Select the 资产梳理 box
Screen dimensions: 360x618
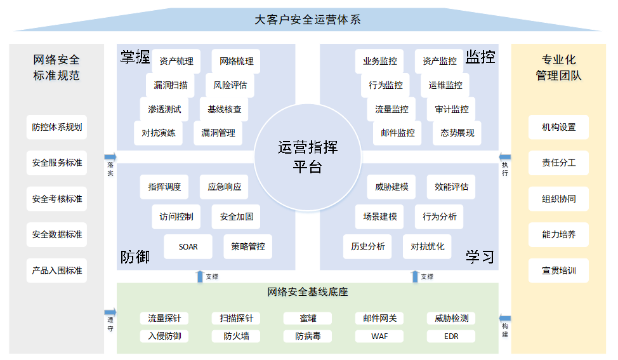[x=176, y=62]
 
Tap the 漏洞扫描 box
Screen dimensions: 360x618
[x=170, y=85]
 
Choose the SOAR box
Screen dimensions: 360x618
[x=188, y=246]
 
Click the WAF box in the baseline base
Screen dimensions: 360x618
[x=379, y=336]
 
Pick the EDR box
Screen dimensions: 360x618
[x=451, y=336]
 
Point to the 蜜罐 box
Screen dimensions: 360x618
[x=308, y=318]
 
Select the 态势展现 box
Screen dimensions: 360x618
[x=457, y=133]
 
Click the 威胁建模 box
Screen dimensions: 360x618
[x=391, y=187]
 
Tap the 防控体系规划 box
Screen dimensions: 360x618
[x=57, y=127]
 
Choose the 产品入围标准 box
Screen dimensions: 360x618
[x=57, y=270]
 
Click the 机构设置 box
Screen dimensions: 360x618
[x=558, y=127]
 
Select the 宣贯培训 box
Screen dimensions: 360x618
[x=558, y=270]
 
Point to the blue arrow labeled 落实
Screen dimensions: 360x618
[x=110, y=156]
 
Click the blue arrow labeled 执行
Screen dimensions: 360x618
[x=505, y=156]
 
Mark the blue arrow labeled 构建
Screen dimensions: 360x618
[x=505, y=318]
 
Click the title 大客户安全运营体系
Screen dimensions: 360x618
[x=308, y=20]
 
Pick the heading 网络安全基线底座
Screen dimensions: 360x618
[x=308, y=293]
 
